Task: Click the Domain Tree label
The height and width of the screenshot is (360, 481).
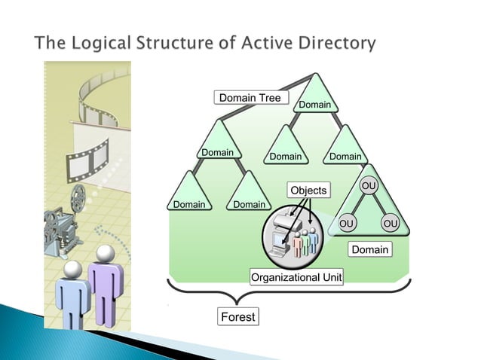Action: point(249,98)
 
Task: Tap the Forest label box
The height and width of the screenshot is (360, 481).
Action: point(237,317)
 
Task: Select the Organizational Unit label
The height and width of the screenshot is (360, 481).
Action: point(296,278)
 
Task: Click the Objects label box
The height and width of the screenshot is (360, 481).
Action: point(308,190)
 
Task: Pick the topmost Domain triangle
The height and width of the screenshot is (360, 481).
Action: point(315,98)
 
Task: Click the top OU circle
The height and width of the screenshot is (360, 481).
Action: point(369,185)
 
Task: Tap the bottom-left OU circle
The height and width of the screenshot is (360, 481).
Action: point(346,224)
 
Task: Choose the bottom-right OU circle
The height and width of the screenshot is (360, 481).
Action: point(390,224)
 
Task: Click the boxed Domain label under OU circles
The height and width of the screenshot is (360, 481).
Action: point(370,249)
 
